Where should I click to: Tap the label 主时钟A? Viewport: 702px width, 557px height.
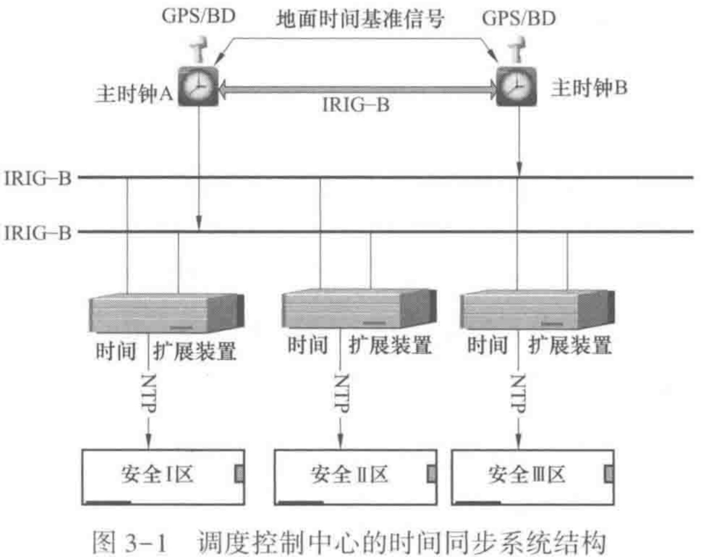pyautogui.click(x=134, y=93)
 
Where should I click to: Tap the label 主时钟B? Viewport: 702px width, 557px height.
pyautogui.click(x=589, y=88)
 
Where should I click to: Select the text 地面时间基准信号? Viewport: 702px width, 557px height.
pyautogui.click(x=359, y=19)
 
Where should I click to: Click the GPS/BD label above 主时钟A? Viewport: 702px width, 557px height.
pyautogui.click(x=198, y=16)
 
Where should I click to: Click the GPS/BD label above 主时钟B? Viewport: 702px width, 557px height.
pyautogui.click(x=519, y=18)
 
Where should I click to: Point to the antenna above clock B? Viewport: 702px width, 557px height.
pyautogui.click(x=517, y=49)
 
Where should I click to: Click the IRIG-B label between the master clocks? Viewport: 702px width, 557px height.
pyautogui.click(x=356, y=105)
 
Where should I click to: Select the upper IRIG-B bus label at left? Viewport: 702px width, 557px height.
pyautogui.click(x=37, y=178)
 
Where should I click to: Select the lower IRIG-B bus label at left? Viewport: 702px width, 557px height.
pyautogui.click(x=37, y=233)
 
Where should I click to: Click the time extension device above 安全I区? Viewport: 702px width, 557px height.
pyautogui.click(x=166, y=313)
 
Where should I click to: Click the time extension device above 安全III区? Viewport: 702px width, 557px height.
pyautogui.click(x=537, y=310)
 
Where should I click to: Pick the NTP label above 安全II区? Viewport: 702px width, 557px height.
pyautogui.click(x=341, y=393)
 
